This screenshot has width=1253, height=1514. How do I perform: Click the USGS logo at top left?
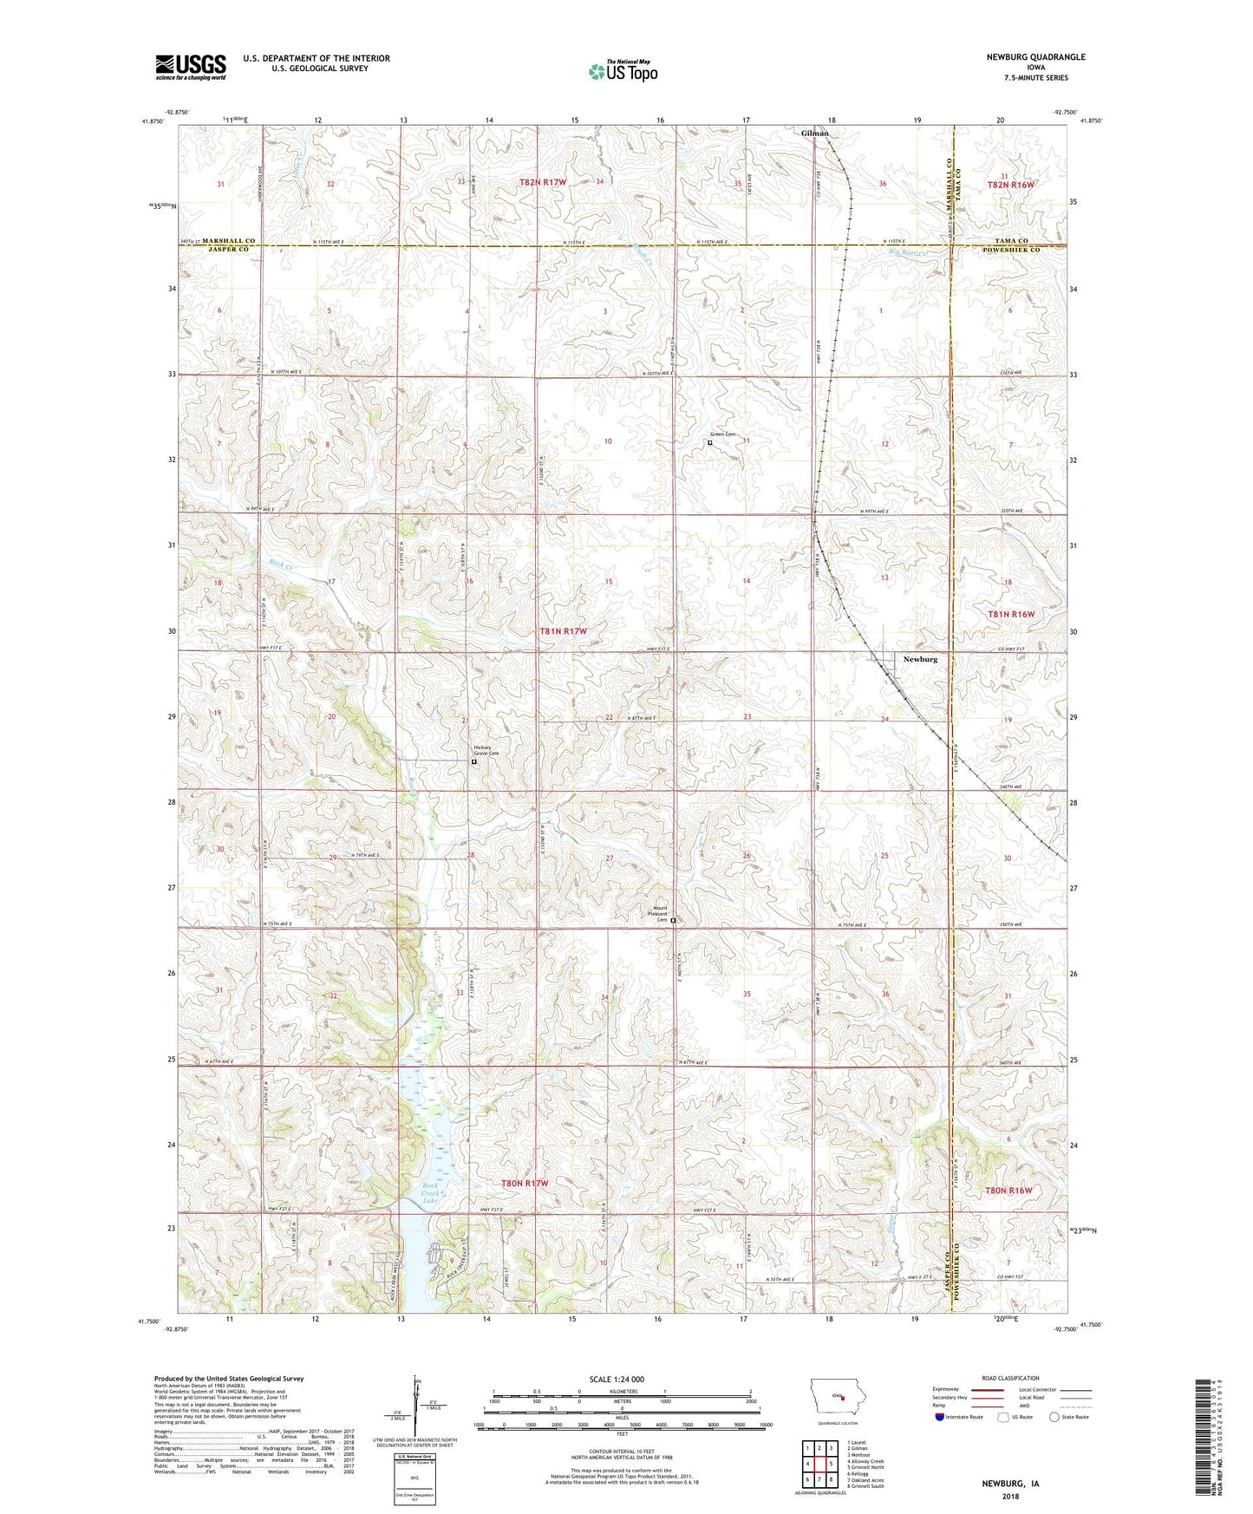tap(191, 66)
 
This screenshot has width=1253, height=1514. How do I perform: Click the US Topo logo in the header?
tap(622, 71)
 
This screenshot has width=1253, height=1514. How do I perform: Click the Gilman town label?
tap(814, 134)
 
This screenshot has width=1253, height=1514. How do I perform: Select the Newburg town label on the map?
tap(920, 659)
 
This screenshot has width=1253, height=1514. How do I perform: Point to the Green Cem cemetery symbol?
tap(710, 442)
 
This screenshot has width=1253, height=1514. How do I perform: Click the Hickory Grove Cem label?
tap(486, 751)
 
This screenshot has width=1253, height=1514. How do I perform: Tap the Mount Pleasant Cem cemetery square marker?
tap(673, 921)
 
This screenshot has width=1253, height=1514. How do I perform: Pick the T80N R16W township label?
tap(1008, 1191)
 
